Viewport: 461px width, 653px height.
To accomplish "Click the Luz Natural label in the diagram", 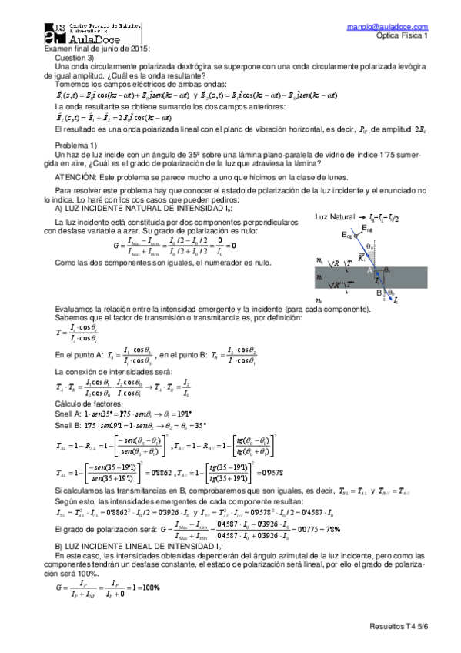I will (336, 218).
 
